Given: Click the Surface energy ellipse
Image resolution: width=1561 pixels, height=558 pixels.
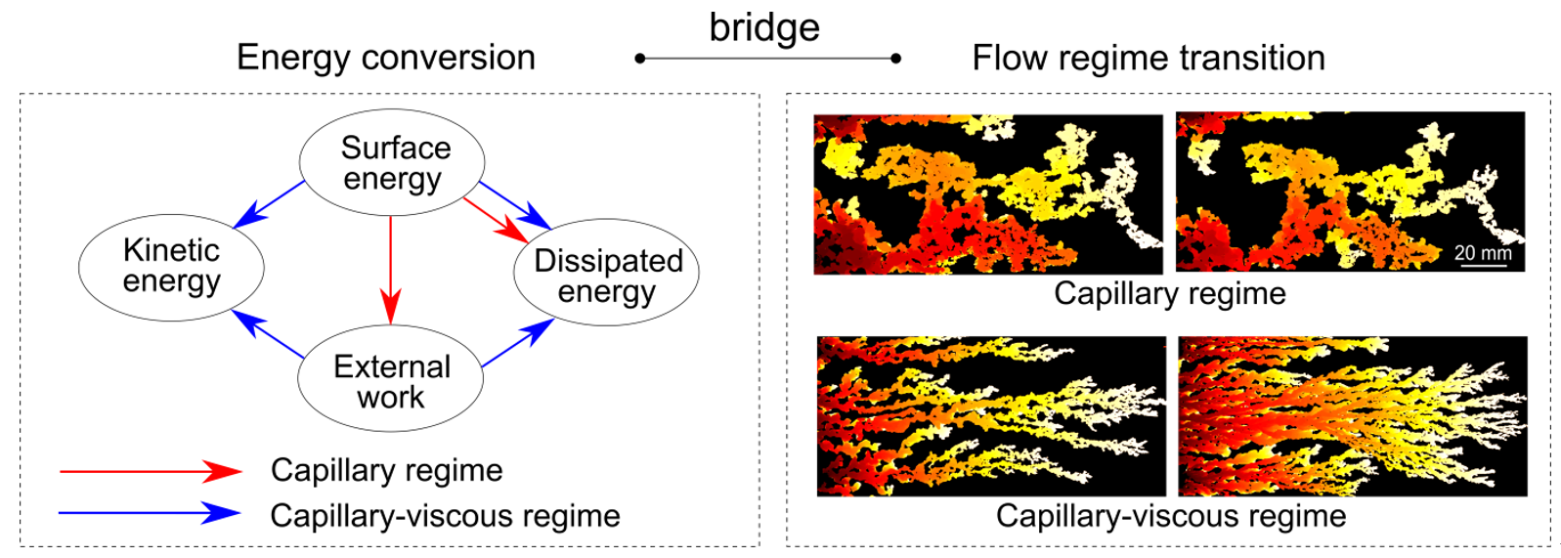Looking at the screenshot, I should coord(391,162).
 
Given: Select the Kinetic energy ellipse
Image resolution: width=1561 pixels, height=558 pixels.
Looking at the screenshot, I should coord(171,267).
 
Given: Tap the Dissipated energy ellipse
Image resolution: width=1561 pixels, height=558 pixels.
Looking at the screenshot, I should coord(606,273).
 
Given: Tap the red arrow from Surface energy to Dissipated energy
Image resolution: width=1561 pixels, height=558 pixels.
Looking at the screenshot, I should coord(495,220).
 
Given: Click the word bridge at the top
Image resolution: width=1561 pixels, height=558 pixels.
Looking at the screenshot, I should coord(764,27).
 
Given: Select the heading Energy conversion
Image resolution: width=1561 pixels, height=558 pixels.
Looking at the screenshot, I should coord(386,58).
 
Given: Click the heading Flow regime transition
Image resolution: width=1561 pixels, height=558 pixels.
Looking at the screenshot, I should coord(1149,58).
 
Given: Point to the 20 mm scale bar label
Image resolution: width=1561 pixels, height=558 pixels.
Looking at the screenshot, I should coord(1483,253).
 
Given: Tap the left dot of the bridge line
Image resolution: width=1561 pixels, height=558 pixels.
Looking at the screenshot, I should coord(640,59).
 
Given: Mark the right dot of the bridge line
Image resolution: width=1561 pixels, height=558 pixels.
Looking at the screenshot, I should coord(895,59).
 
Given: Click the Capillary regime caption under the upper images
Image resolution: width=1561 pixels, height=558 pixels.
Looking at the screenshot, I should coord(1169,293).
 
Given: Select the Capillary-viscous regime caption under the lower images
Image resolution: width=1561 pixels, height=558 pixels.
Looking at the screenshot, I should coord(1171,516).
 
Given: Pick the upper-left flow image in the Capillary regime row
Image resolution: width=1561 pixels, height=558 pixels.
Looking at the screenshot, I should coord(988,193).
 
